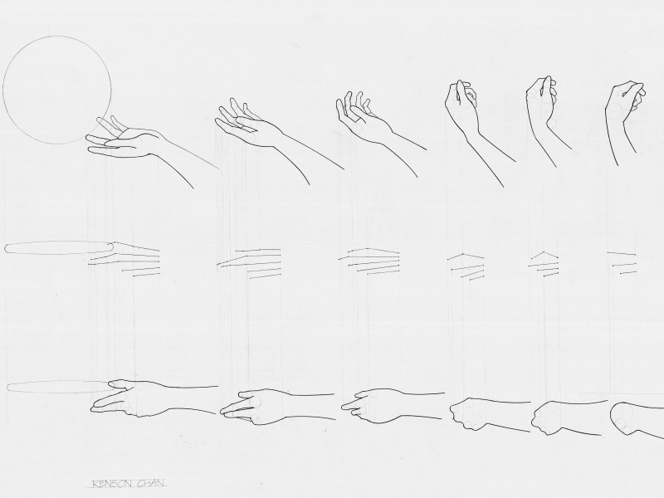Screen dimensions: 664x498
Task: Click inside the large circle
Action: point(57,90)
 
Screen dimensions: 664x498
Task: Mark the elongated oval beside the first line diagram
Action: point(59,247)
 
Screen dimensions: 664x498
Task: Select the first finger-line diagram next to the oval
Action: point(124,259)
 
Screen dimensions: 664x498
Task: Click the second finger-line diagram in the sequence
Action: point(249,263)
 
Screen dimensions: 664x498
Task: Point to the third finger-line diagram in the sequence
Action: point(369,261)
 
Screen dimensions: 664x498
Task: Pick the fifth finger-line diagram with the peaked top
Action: point(544,265)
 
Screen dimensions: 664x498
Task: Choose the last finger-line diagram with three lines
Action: point(622,263)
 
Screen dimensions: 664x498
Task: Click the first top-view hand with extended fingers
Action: point(153,398)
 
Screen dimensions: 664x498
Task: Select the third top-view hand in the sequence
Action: point(381,407)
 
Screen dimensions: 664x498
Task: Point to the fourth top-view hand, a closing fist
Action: point(487,414)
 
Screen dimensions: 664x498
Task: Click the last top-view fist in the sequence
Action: point(635,418)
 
